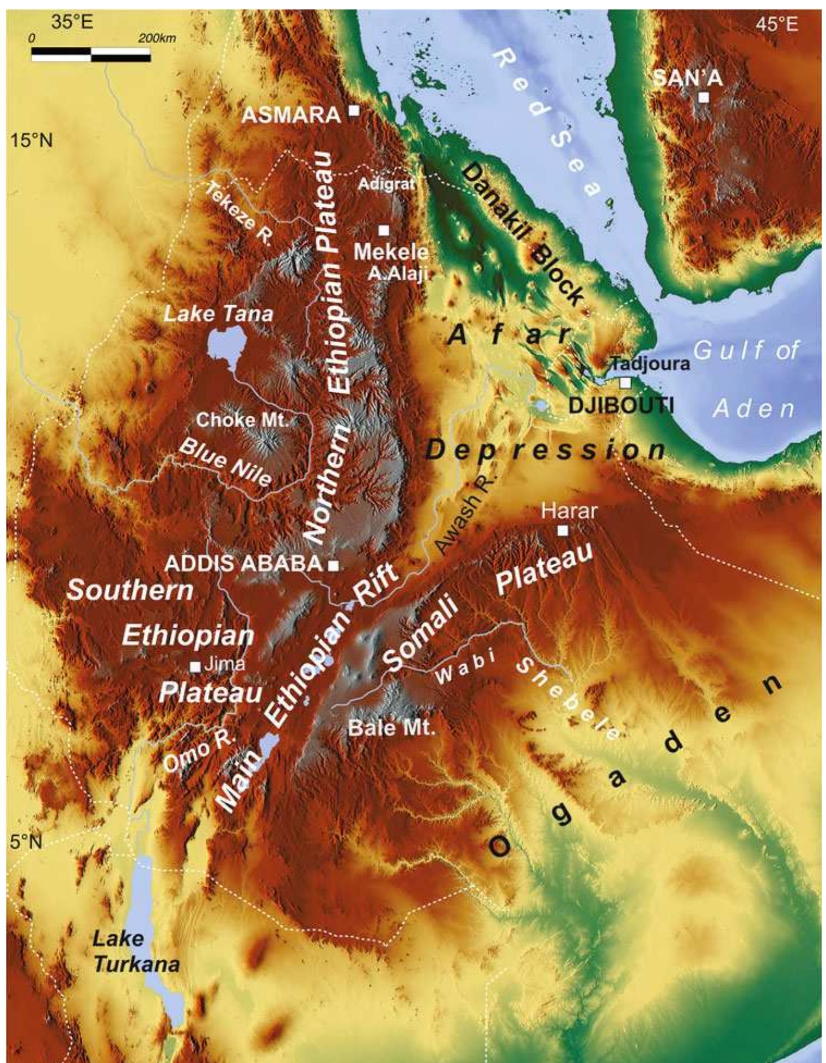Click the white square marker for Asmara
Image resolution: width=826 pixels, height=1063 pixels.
354,111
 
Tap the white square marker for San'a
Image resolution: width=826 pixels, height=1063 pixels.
704,97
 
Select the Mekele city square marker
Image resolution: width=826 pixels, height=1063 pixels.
384,230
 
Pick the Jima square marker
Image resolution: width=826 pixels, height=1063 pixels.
195,666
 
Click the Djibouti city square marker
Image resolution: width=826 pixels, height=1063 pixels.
626,382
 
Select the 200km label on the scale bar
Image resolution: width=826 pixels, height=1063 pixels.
157,39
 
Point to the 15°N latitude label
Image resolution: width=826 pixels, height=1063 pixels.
32,141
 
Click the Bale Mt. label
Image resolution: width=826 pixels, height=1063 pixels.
392,728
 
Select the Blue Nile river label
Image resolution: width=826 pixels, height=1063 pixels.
225,462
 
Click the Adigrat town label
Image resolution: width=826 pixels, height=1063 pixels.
386,184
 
